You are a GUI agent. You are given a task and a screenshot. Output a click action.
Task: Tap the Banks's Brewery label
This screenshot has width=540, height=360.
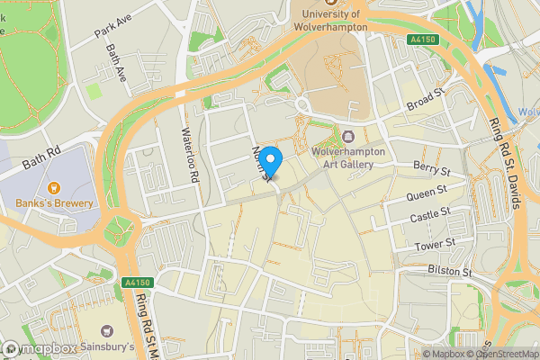pyautogui.click(x=55, y=202)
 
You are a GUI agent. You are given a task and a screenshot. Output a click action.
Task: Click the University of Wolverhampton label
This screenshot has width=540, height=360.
pyautogui.click(x=330, y=21)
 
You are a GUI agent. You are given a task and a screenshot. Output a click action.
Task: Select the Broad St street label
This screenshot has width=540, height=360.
pyautogui.click(x=427, y=98)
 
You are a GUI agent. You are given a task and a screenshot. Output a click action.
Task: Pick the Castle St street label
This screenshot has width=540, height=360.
pyautogui.click(x=430, y=219)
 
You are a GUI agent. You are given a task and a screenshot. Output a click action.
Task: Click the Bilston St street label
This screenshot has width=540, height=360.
pyautogui.click(x=448, y=271)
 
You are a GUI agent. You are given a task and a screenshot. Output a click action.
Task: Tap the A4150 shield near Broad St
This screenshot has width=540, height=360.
pyautogui.click(x=422, y=40)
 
